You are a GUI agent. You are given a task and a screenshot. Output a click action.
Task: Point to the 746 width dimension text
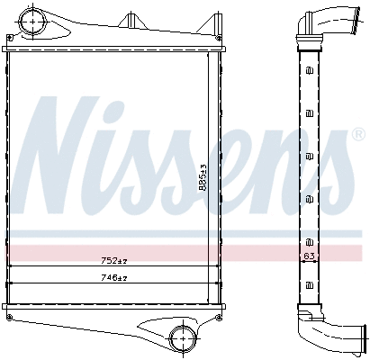tap(113, 278)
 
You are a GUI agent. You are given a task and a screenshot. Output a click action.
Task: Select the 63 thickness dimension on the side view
tap(308, 257)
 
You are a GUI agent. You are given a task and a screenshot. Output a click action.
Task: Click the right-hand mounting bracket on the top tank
tap(217, 20)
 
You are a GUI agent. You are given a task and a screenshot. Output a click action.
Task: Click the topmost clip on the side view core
tap(310, 72)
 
